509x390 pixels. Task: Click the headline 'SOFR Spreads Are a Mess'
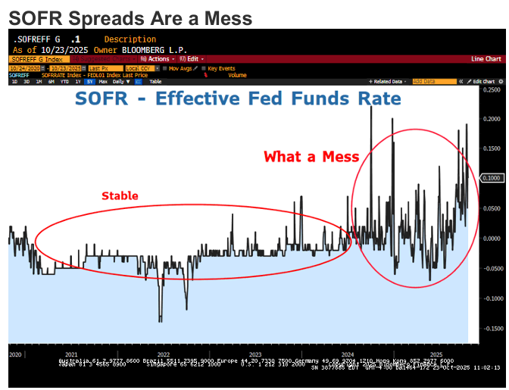coord(130,16)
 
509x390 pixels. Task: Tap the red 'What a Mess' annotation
coord(308,158)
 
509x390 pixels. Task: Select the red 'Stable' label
coord(120,196)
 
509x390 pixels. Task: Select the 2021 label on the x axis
coord(72,354)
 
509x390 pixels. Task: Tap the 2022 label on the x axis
coord(163,354)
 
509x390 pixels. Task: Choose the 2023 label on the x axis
coord(255,354)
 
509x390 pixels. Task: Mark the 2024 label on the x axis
coord(348,354)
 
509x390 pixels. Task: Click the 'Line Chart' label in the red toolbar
coord(486,58)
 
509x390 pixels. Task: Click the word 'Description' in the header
coord(130,39)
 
